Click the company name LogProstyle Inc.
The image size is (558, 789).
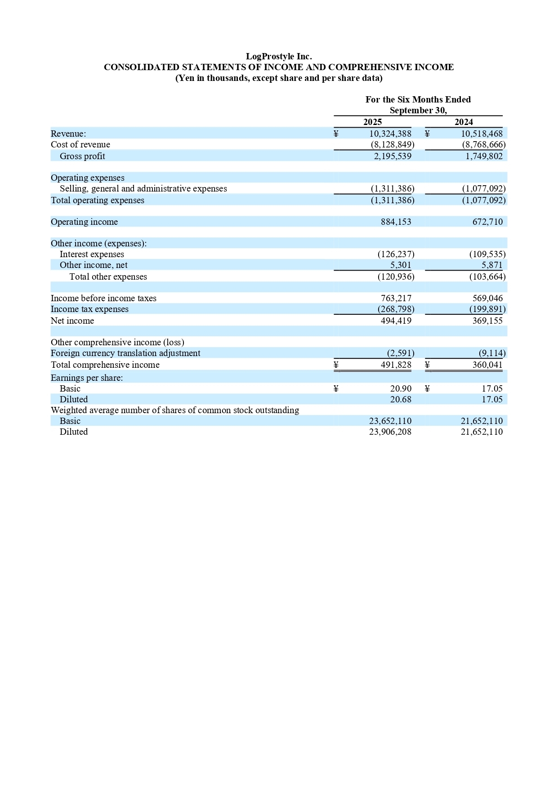coord(279,56)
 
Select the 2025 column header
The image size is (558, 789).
coord(372,122)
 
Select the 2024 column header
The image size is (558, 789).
coord(464,122)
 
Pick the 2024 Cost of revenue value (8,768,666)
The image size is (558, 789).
coord(484,144)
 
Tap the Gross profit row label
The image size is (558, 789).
coord(82,156)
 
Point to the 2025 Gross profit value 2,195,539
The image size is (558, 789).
coord(393,156)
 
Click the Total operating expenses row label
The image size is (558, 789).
coord(98,200)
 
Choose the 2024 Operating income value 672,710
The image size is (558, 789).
coord(487,222)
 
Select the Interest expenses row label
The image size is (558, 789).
coord(92,254)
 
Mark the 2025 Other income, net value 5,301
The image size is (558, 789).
coord(401,265)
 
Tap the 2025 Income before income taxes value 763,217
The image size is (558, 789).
coord(396,298)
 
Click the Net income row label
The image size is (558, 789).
coord(72,321)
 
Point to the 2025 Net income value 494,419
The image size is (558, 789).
coord(396,321)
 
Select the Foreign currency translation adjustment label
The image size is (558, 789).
coord(125,353)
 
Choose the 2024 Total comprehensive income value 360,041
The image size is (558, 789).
coord(487,365)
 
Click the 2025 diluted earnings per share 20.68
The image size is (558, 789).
coord(401,399)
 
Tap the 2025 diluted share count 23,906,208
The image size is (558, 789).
coord(390,432)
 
